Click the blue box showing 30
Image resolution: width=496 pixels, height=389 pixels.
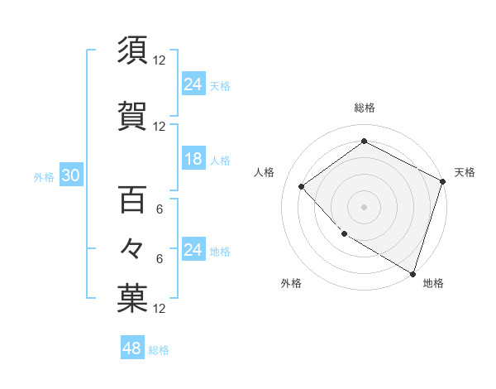click(x=70, y=176)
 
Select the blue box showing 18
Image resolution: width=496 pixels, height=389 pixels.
click(x=193, y=160)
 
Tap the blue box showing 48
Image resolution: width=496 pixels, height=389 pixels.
click(x=132, y=348)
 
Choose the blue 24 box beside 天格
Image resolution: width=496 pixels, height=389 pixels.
click(x=193, y=84)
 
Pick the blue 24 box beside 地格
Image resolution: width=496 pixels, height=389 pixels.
click(x=193, y=250)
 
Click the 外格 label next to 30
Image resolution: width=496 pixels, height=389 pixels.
click(x=44, y=177)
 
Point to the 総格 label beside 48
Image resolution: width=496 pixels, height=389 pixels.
click(x=159, y=350)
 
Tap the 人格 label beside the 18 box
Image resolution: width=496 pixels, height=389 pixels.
click(x=220, y=161)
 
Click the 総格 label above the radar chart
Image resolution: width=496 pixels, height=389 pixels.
click(x=364, y=108)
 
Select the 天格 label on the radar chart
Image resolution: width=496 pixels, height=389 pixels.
click(x=465, y=172)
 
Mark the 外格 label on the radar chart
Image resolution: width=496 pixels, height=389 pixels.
click(x=291, y=283)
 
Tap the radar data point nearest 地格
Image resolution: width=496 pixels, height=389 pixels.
click(x=412, y=272)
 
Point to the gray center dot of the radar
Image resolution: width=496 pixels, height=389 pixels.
click(x=364, y=206)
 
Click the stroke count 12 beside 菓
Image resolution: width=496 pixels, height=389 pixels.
click(x=160, y=309)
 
